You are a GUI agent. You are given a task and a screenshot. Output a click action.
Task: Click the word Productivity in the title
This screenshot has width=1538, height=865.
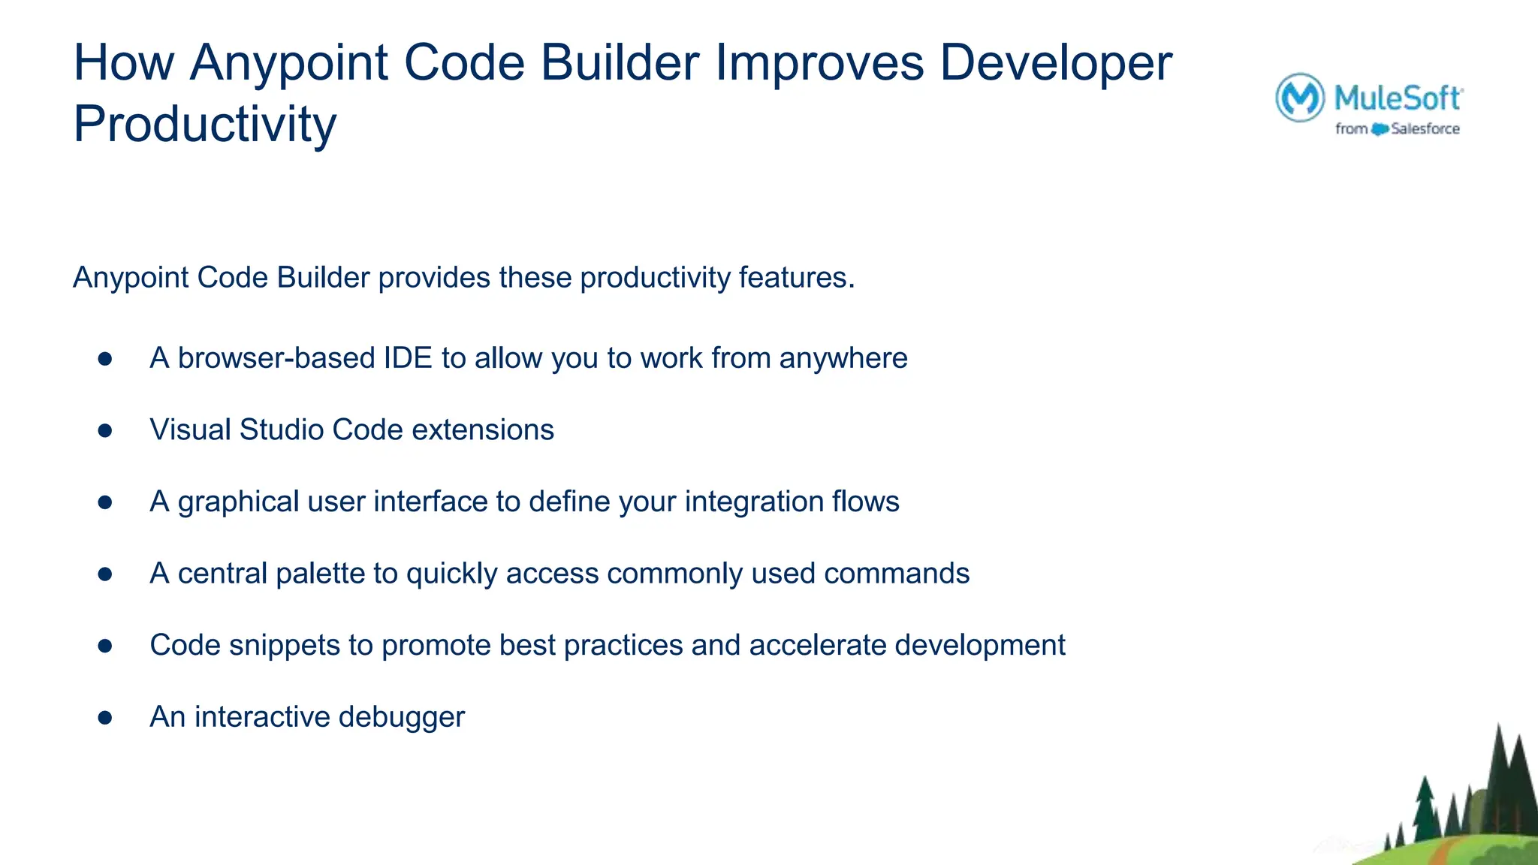pos(204,125)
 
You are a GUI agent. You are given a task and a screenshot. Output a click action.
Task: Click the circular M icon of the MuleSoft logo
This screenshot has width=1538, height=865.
pos(1299,98)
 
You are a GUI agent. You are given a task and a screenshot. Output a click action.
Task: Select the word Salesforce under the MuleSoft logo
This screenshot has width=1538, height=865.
pos(1425,129)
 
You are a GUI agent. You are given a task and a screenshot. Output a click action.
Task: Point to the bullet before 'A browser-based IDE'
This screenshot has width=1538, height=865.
pos(105,359)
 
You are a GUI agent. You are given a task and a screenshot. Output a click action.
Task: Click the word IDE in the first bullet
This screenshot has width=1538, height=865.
pos(408,358)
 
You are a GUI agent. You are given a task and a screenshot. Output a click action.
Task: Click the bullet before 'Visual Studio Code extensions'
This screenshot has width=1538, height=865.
pos(105,430)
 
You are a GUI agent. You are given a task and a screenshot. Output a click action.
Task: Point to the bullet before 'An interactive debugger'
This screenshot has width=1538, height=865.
pos(105,718)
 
